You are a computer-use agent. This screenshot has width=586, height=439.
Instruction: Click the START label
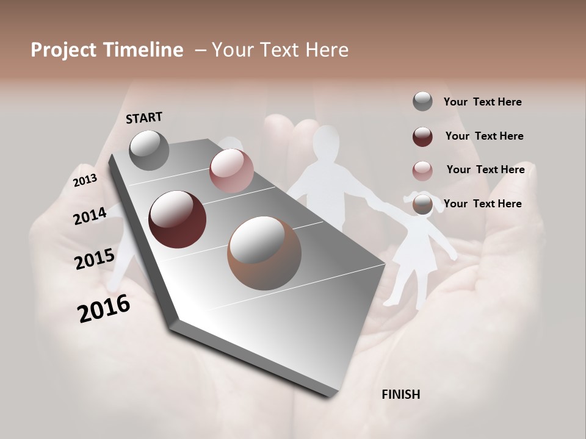(x=144, y=118)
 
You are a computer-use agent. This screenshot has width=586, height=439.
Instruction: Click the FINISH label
(x=400, y=394)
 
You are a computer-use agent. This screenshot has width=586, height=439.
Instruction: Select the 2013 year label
(x=85, y=180)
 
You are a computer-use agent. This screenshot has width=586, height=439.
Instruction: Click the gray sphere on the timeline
(x=149, y=150)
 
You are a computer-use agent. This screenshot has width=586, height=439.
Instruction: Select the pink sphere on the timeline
(x=231, y=171)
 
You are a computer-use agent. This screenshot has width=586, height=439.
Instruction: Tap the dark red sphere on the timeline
(x=177, y=220)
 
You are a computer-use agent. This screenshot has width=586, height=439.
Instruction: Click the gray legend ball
(x=422, y=101)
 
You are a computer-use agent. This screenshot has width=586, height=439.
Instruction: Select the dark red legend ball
(x=422, y=136)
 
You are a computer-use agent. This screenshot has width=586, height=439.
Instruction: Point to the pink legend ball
(x=422, y=170)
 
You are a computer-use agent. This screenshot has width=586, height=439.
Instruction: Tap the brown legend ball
(x=422, y=204)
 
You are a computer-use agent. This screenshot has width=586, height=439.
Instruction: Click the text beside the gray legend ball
(x=482, y=102)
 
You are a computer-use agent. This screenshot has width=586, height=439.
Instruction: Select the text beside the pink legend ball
(x=485, y=170)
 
